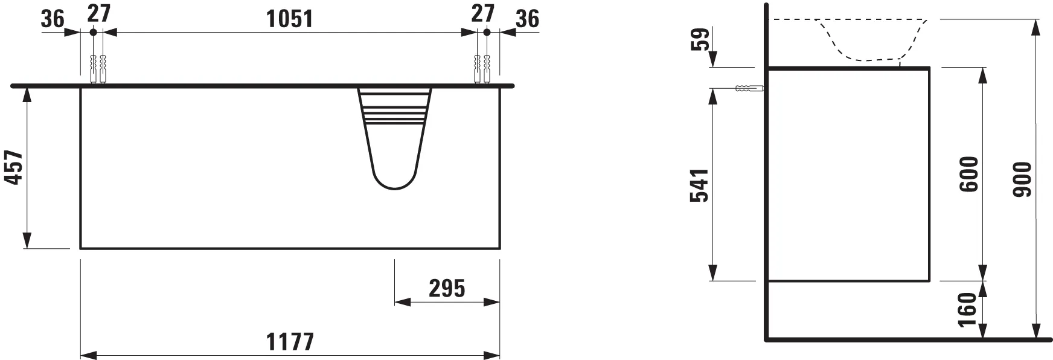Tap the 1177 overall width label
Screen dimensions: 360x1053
(290, 342)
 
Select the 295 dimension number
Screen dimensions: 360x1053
(447, 289)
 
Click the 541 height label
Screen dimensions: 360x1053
(699, 185)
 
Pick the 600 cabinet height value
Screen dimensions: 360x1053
(968, 175)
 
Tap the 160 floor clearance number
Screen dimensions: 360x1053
(967, 309)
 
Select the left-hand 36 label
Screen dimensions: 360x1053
(53, 19)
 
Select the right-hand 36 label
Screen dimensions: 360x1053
(527, 19)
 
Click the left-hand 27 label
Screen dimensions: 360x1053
(99, 13)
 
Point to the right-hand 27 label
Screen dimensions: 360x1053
(482, 13)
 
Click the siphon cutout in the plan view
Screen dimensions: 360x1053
(394, 139)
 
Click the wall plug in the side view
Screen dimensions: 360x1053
(749, 89)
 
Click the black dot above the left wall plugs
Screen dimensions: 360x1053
(93, 31)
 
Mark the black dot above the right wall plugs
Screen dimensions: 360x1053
(487, 31)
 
